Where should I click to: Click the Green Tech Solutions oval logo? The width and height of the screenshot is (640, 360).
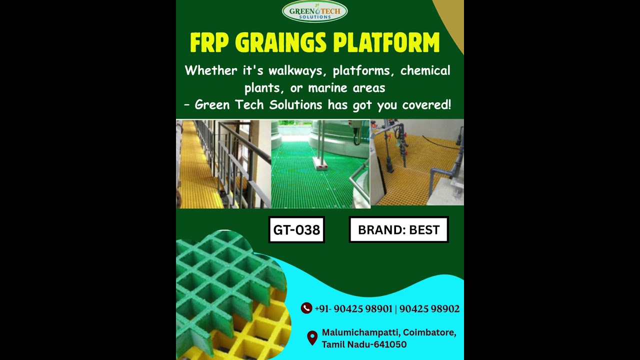[314, 11]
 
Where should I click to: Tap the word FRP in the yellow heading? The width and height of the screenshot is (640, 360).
[209, 43]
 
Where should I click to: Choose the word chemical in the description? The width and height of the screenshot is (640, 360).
[425, 71]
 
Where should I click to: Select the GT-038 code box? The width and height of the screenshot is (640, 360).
[296, 229]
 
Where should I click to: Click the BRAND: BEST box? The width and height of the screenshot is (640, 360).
[398, 229]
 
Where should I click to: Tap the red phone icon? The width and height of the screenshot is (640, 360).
[306, 308]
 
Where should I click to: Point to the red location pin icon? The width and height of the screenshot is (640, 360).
[312, 338]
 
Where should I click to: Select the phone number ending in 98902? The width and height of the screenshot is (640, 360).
[429, 309]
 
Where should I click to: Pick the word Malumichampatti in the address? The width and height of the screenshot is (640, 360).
[360, 332]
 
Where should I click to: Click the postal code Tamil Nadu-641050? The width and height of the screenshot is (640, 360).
[364, 344]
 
